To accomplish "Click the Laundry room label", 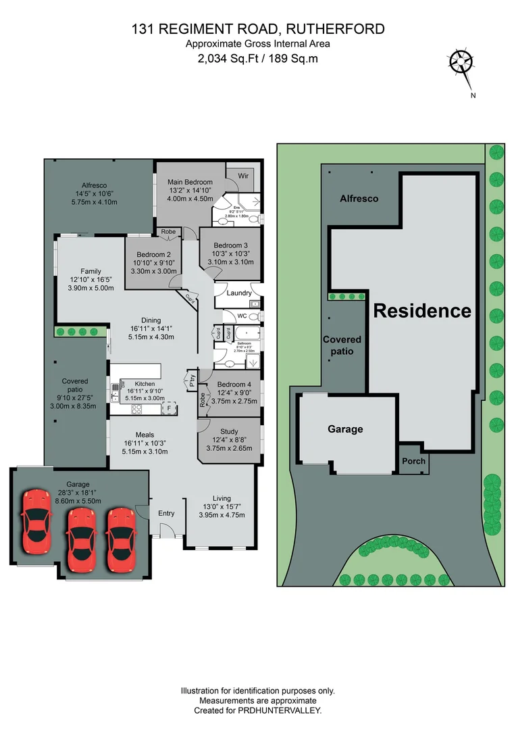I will [x=240, y=293].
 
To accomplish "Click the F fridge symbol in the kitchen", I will [x=170, y=408].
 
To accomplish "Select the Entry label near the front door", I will [x=166, y=513].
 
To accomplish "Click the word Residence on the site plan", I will [x=422, y=311].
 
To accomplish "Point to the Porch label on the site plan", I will [x=413, y=462].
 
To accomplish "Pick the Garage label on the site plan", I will [x=345, y=429].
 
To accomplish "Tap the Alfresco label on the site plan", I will [x=359, y=199].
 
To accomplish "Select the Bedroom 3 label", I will [x=230, y=245].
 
